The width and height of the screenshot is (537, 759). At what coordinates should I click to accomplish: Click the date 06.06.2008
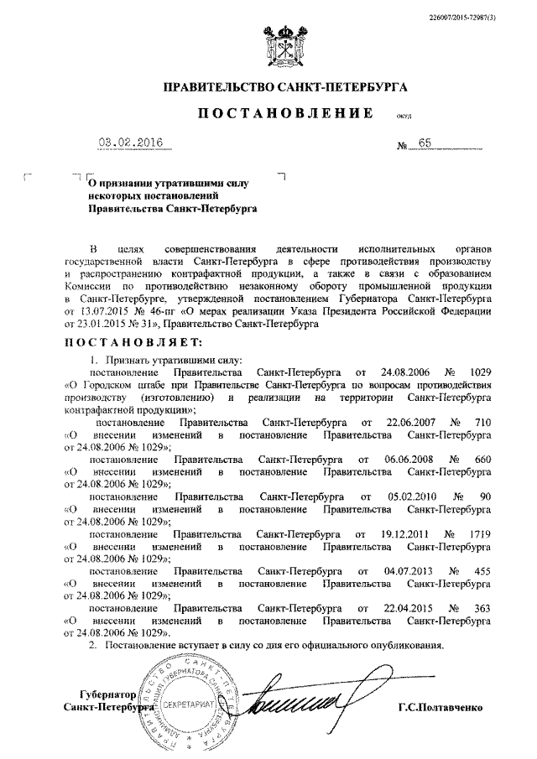point(392,460)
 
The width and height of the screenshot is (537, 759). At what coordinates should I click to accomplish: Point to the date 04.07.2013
point(389,569)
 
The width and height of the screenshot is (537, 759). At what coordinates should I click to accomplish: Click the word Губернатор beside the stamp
point(107,695)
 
